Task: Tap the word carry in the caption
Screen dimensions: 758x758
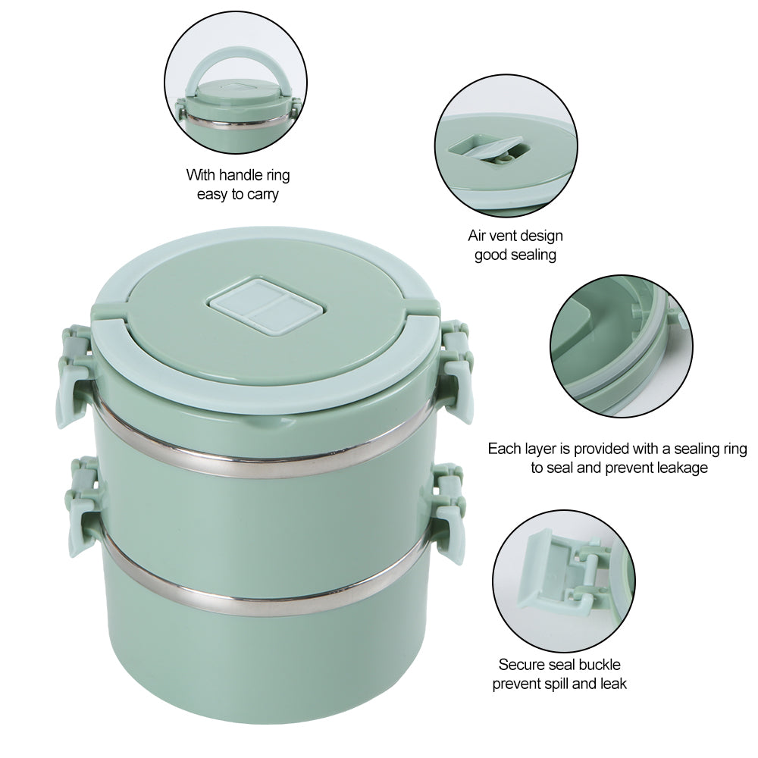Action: click(262, 194)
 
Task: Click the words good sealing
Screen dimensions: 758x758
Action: click(515, 255)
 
